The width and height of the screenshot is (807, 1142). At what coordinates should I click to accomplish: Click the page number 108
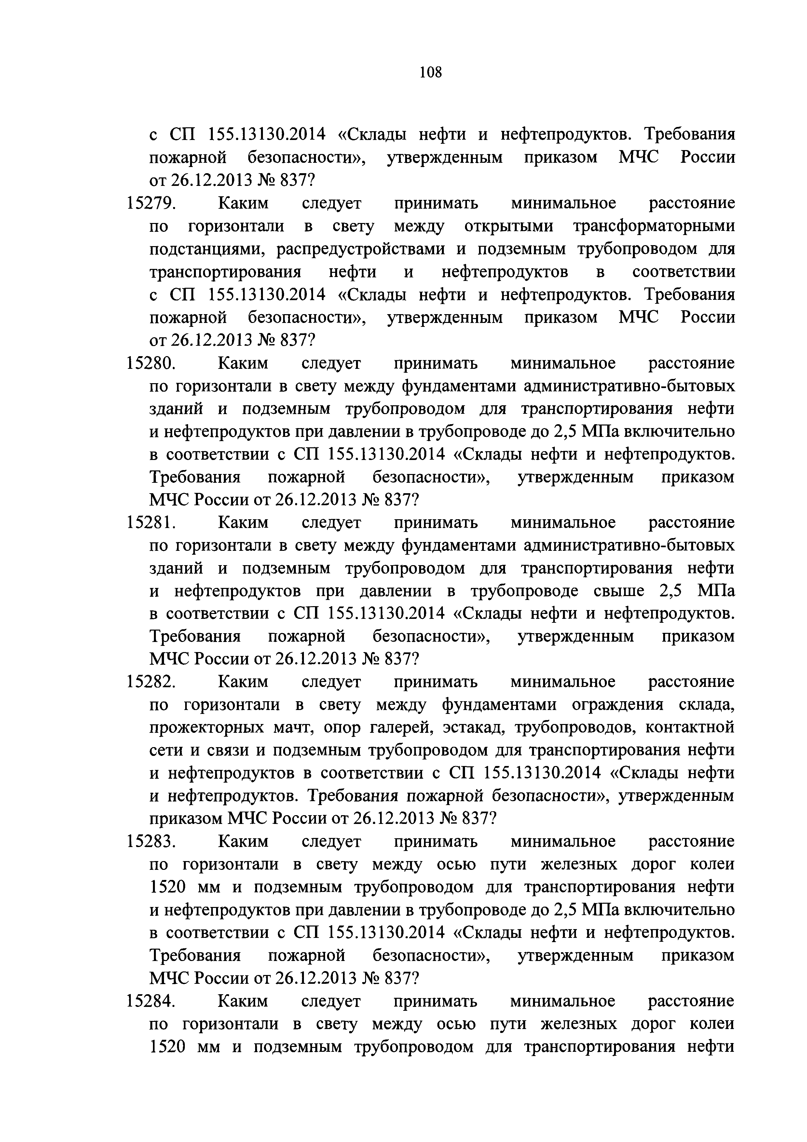[430, 73]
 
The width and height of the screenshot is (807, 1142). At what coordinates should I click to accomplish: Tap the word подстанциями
[208, 249]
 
